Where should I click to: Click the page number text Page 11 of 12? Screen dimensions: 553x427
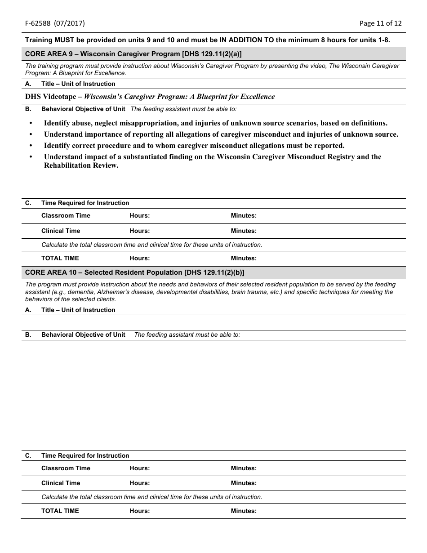click(x=380, y=23)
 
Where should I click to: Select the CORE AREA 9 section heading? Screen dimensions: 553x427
click(x=133, y=54)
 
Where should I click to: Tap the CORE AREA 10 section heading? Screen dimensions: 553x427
click(x=134, y=272)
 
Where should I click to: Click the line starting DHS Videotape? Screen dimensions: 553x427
click(x=150, y=97)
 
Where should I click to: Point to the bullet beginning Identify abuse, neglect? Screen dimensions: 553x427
click(x=215, y=123)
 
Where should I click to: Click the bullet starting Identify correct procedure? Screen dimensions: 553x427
click(x=194, y=146)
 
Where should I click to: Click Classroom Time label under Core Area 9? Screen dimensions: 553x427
click(x=66, y=216)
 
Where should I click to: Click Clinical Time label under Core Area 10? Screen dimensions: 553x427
click(x=61, y=483)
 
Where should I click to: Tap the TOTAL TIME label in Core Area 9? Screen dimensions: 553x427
click(x=60, y=259)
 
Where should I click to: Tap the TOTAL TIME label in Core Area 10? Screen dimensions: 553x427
click(x=60, y=511)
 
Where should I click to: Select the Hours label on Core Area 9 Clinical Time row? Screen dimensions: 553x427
click(x=140, y=231)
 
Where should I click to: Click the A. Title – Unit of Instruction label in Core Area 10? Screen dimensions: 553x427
click(x=78, y=310)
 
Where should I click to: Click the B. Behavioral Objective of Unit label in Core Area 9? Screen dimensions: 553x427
click(x=83, y=109)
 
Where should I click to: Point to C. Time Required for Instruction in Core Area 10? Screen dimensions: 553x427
click(x=85, y=456)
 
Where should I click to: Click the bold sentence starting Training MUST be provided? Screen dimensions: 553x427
click(x=207, y=40)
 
